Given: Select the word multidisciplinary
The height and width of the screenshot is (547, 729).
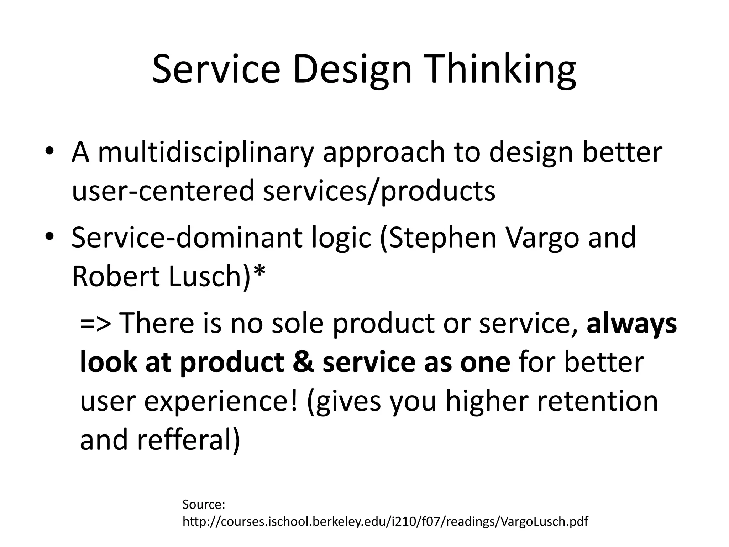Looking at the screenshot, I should (x=206, y=152).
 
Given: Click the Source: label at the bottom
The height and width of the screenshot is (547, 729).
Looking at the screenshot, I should (x=204, y=505).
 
